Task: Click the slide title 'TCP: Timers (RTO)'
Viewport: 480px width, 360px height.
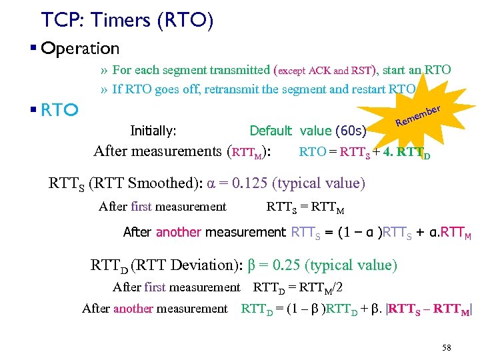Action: (x=127, y=21)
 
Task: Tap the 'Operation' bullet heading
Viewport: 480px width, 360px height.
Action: (x=79, y=49)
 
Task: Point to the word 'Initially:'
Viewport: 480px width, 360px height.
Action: (x=153, y=131)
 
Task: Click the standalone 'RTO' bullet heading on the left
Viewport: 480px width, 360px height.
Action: (x=60, y=109)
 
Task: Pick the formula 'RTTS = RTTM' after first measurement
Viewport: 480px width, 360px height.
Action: (x=305, y=207)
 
